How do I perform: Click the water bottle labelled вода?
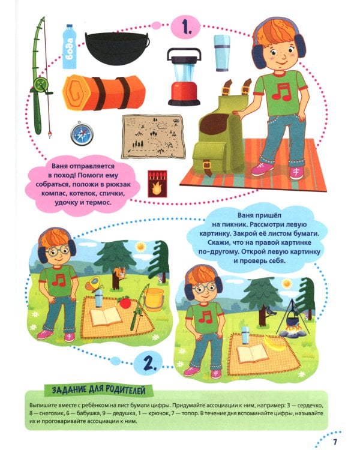pos(70,47)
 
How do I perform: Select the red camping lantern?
pos(184,77)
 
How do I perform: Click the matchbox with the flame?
pos(157,184)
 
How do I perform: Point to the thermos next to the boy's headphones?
pos(221,53)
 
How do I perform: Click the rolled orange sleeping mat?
pos(104,92)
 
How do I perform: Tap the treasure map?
pos(152,137)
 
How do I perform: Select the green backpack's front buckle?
pos(206,166)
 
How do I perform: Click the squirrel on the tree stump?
pos(120,272)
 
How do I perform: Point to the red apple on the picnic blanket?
pos(124,302)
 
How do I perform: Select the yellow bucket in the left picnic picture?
pos(154,299)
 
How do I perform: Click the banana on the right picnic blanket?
pos(274,343)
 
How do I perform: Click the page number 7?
pos(335,442)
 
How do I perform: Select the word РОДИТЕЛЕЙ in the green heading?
pos(125,390)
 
